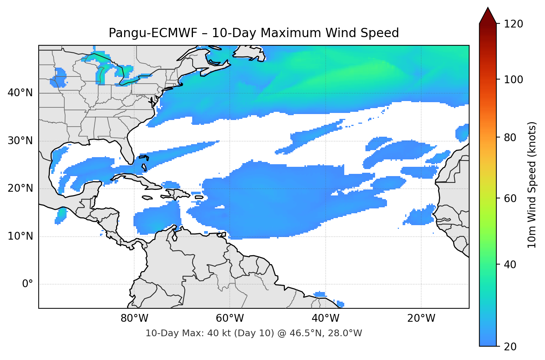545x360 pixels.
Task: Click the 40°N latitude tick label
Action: (20, 93)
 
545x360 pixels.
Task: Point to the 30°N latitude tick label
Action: (20, 141)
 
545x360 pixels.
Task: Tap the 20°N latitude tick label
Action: (20, 188)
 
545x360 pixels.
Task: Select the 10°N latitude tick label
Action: (20, 236)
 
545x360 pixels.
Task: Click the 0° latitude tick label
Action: (28, 284)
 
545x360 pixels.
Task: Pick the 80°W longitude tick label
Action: (134, 318)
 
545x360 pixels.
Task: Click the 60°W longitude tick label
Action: (230, 318)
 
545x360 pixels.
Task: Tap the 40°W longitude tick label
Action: (325, 318)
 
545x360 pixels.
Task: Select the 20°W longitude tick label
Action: (421, 318)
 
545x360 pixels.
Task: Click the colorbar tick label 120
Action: (513, 24)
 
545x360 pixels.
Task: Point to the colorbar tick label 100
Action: (513, 80)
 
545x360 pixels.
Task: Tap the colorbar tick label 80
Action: (510, 137)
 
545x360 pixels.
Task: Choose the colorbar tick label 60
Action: (510, 198)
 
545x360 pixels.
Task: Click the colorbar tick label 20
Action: (510, 347)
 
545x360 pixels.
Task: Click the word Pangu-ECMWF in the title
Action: (153, 33)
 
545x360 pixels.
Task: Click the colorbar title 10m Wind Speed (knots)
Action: (532, 185)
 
